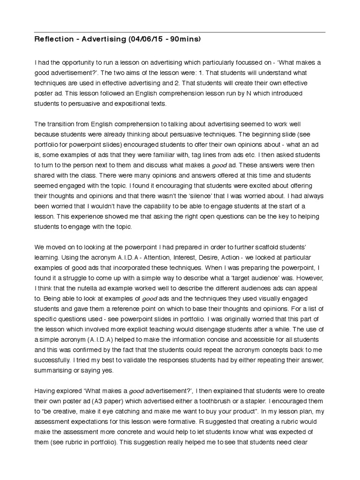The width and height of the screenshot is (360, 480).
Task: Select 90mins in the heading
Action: pos(185,39)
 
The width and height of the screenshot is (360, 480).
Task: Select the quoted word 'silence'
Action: pos(213,196)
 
